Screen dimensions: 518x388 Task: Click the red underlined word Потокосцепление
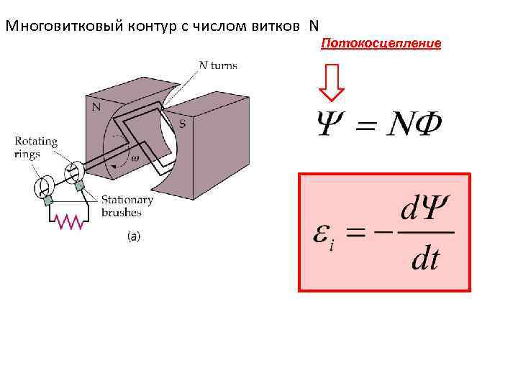(381, 45)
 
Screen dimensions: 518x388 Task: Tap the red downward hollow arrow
(332, 83)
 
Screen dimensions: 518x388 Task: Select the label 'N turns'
(217, 65)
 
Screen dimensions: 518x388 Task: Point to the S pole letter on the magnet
(182, 124)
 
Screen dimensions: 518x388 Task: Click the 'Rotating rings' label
(32, 147)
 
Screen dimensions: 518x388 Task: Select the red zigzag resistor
(71, 224)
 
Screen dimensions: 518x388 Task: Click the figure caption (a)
(134, 236)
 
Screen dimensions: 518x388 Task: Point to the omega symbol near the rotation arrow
(135, 158)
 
